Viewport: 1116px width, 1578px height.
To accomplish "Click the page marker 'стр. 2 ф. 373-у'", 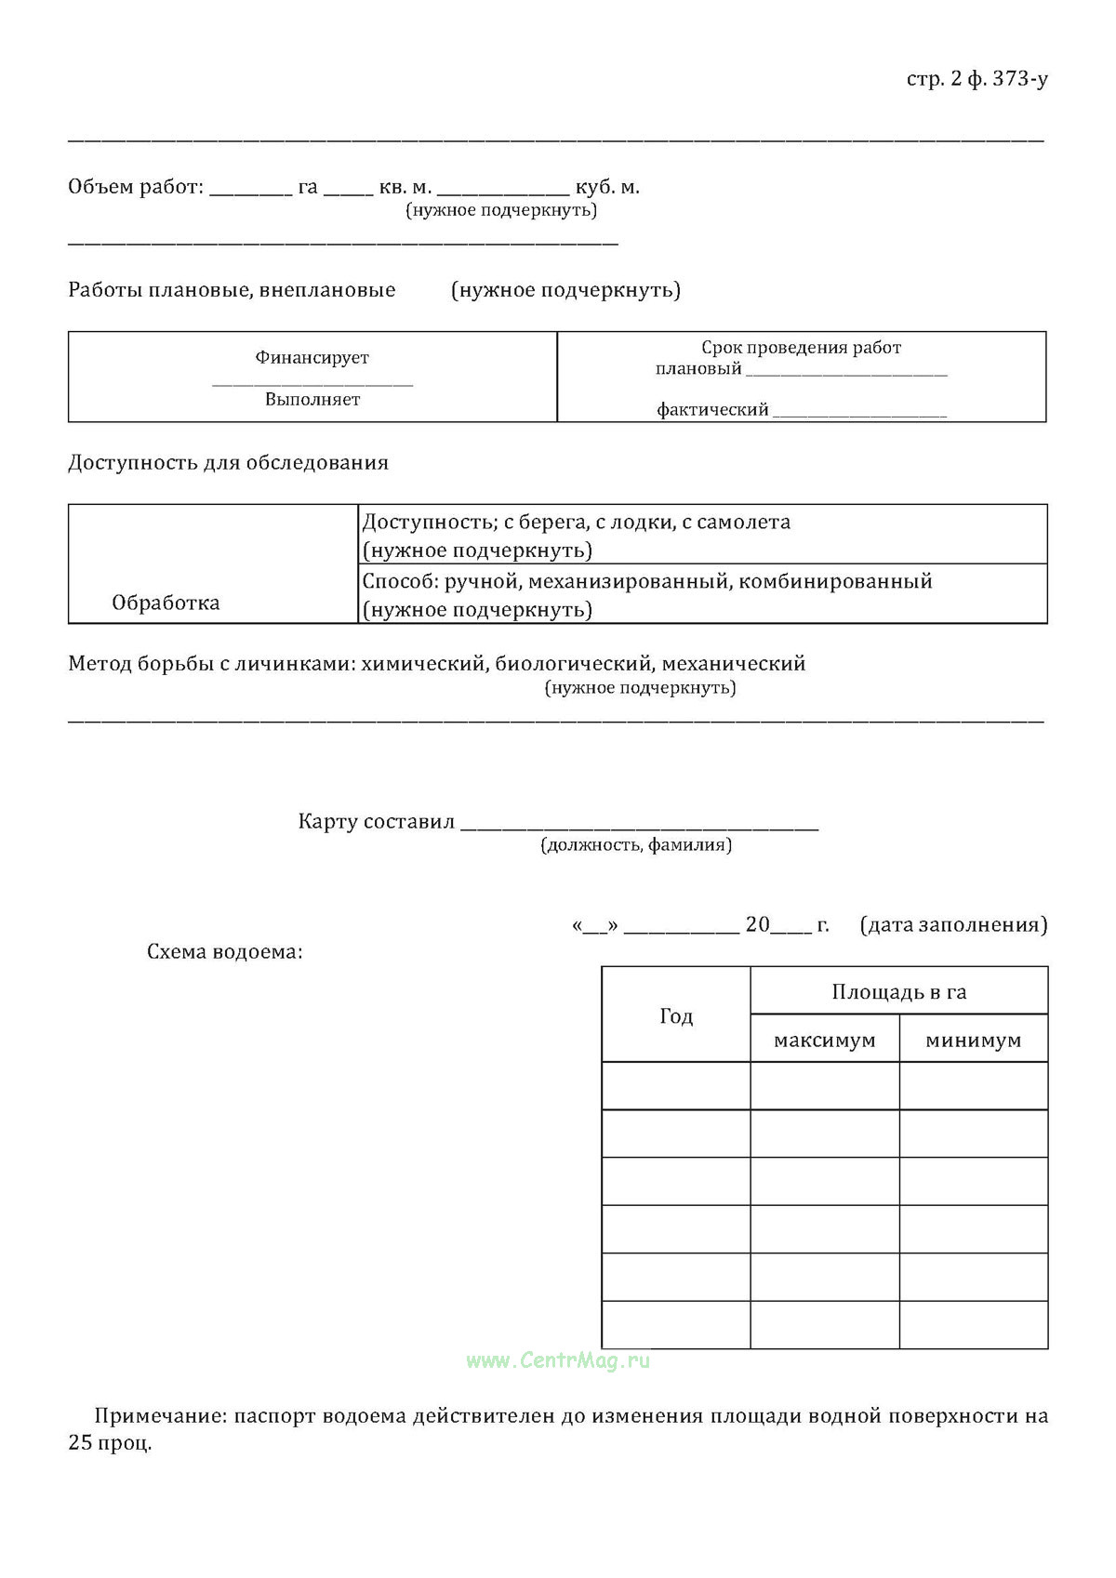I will (x=976, y=79).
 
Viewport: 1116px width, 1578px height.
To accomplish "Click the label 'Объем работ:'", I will (x=136, y=187).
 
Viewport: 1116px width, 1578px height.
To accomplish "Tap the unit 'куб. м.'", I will (x=607, y=187).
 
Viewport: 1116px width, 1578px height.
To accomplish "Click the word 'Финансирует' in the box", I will (x=312, y=358).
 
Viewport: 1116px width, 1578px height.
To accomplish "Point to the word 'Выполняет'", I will (x=312, y=400).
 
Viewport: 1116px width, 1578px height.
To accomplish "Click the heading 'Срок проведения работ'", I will (x=801, y=348).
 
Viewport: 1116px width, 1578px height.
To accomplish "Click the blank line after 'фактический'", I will (x=859, y=412).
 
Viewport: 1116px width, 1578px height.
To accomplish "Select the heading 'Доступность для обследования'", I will (x=228, y=463).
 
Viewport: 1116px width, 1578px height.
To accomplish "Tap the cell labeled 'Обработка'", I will (x=166, y=603).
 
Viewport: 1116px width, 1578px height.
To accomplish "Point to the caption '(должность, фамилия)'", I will (x=636, y=845).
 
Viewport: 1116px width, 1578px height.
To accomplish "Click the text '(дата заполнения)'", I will (x=953, y=925).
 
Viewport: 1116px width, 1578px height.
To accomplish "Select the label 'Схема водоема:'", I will (x=224, y=952).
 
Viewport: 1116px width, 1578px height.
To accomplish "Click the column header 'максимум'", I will (x=824, y=1041).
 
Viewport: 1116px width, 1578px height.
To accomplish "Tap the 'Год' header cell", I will (x=676, y=1016).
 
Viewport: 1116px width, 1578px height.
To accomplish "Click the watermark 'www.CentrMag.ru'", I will (x=558, y=1361).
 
